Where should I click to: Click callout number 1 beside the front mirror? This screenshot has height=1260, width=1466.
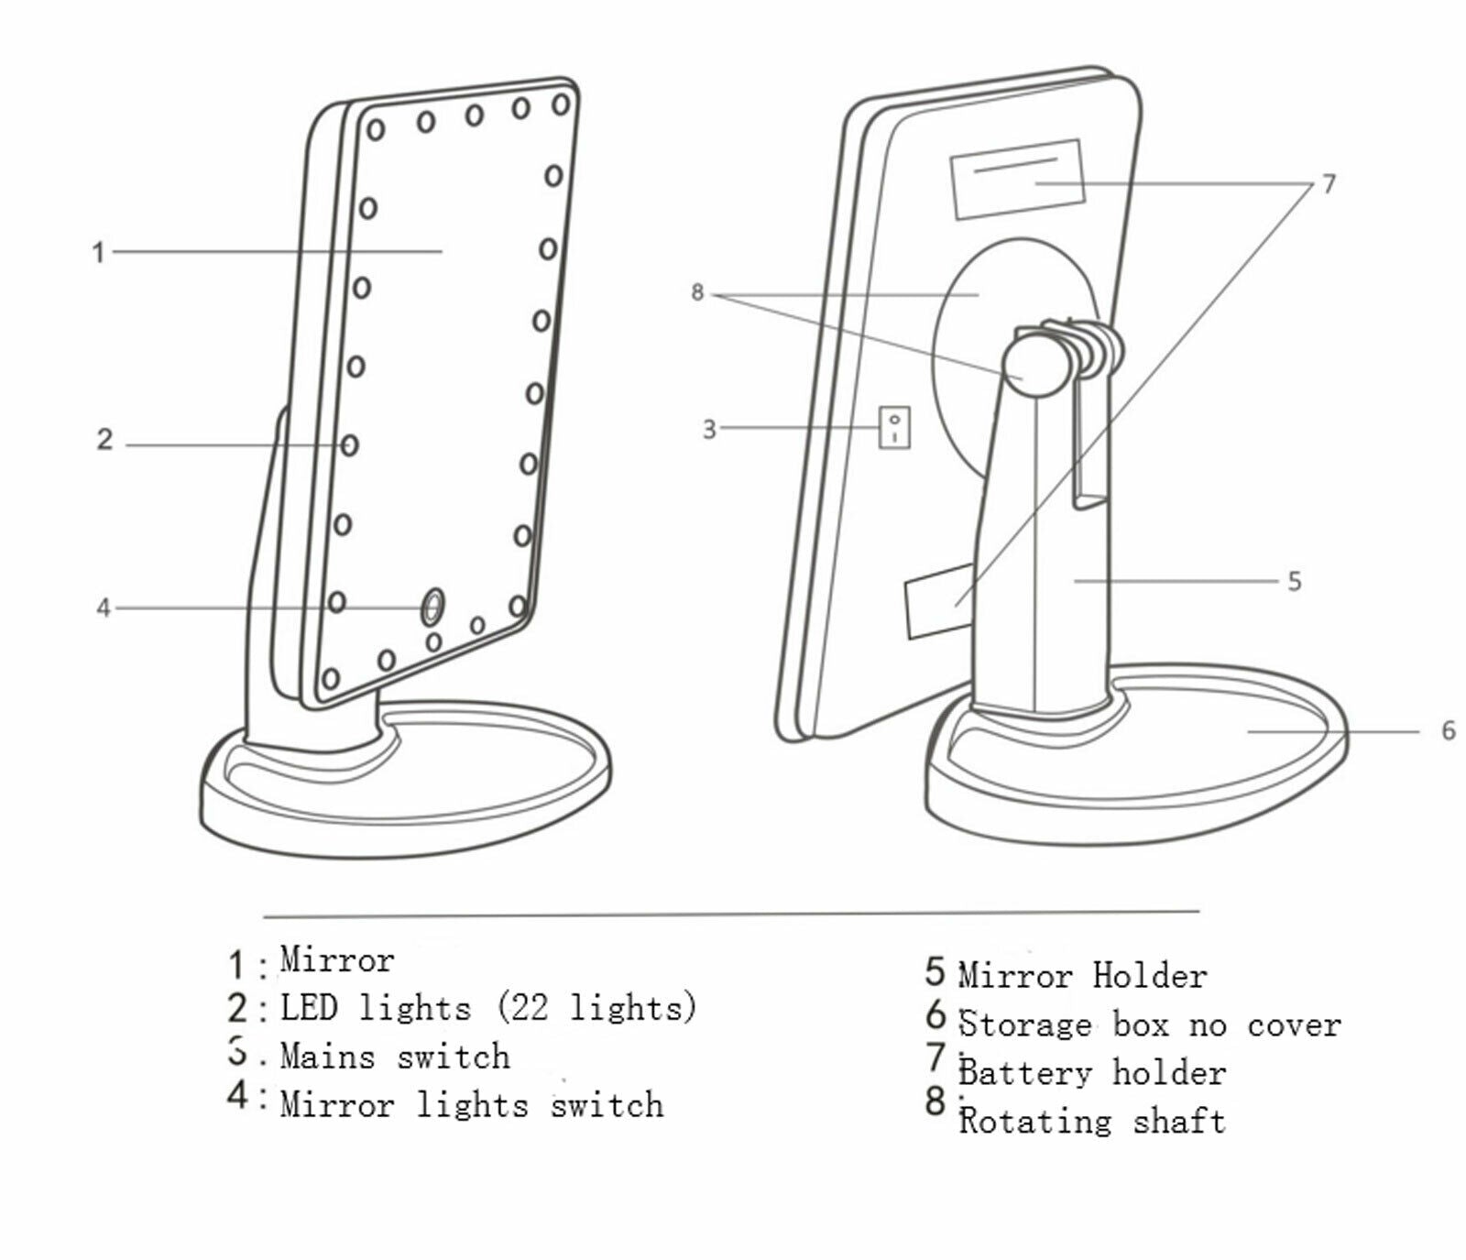click(98, 252)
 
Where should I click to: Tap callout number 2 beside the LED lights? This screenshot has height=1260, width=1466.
click(105, 440)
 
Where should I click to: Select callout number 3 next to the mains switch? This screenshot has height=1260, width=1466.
click(709, 429)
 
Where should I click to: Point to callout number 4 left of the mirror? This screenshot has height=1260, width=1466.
click(104, 608)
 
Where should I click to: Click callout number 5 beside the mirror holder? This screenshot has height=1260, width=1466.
click(1294, 581)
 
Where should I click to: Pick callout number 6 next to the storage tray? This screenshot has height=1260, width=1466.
click(1448, 730)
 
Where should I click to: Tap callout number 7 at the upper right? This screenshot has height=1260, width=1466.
click(1329, 184)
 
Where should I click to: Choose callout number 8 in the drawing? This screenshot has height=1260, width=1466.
click(697, 292)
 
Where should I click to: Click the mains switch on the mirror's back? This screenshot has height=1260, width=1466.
click(894, 427)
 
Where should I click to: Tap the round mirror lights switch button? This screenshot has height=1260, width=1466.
click(432, 606)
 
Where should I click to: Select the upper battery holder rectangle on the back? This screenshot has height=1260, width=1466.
click(1017, 180)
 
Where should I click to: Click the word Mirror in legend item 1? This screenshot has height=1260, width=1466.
click(337, 959)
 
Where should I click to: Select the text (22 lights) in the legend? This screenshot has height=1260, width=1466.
click(596, 1008)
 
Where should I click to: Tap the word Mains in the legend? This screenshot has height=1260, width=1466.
click(327, 1056)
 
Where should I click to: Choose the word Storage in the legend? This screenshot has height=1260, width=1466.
click(1025, 1024)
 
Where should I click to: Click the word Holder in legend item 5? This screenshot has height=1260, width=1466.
click(1150, 975)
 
